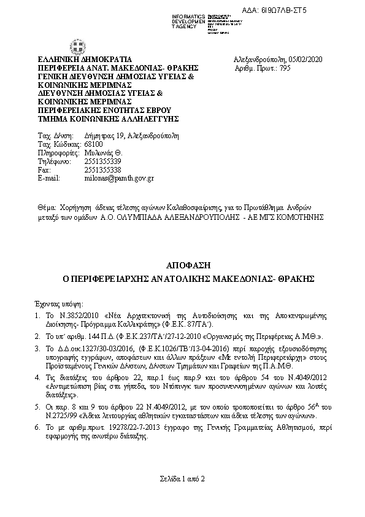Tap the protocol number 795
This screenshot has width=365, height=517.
[280, 68]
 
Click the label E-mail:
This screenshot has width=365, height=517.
[49, 177]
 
